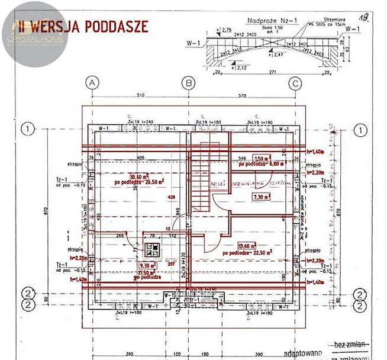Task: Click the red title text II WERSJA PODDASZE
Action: coord(83,26)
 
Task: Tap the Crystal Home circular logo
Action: coord(34,34)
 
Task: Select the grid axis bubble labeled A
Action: coord(92,83)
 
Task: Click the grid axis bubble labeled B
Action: coord(188,83)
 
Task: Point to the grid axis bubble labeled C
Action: coord(294,83)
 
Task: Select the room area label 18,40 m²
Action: coord(121,176)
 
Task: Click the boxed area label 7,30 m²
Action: coord(262,196)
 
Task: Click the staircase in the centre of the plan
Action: coord(202,178)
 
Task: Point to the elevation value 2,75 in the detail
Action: coord(225,29)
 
